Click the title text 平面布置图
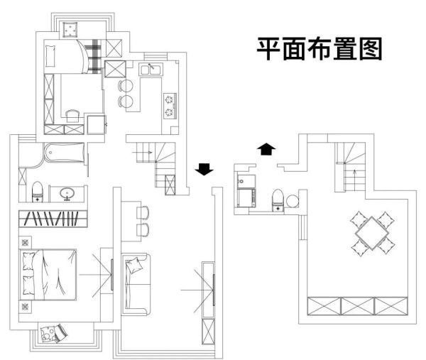click(319, 49)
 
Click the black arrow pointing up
click(266, 149)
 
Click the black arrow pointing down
click(204, 169)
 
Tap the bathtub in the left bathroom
click(65, 153)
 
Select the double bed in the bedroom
click(48, 275)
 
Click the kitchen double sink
click(151, 69)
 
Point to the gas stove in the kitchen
click(170, 105)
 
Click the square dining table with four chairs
click(372, 234)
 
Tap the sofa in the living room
click(136, 284)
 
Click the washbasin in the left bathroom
click(67, 194)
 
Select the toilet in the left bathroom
click(38, 192)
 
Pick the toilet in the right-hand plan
click(278, 200)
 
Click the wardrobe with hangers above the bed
click(53, 219)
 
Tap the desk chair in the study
click(73, 116)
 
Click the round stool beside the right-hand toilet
click(292, 202)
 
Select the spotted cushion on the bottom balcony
click(48, 334)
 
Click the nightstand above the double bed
click(25, 242)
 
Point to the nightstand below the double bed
click(25, 307)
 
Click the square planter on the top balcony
click(70, 30)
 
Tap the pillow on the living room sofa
click(133, 266)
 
